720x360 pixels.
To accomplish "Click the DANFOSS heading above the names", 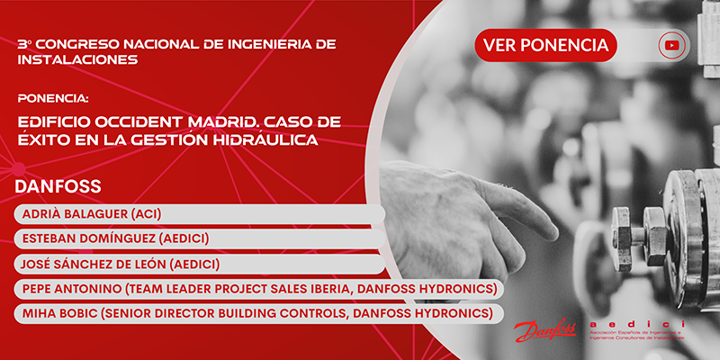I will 58,187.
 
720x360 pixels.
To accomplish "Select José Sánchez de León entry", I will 118,264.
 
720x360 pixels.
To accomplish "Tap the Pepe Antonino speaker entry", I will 256,288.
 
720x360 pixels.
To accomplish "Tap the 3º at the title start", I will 22,43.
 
